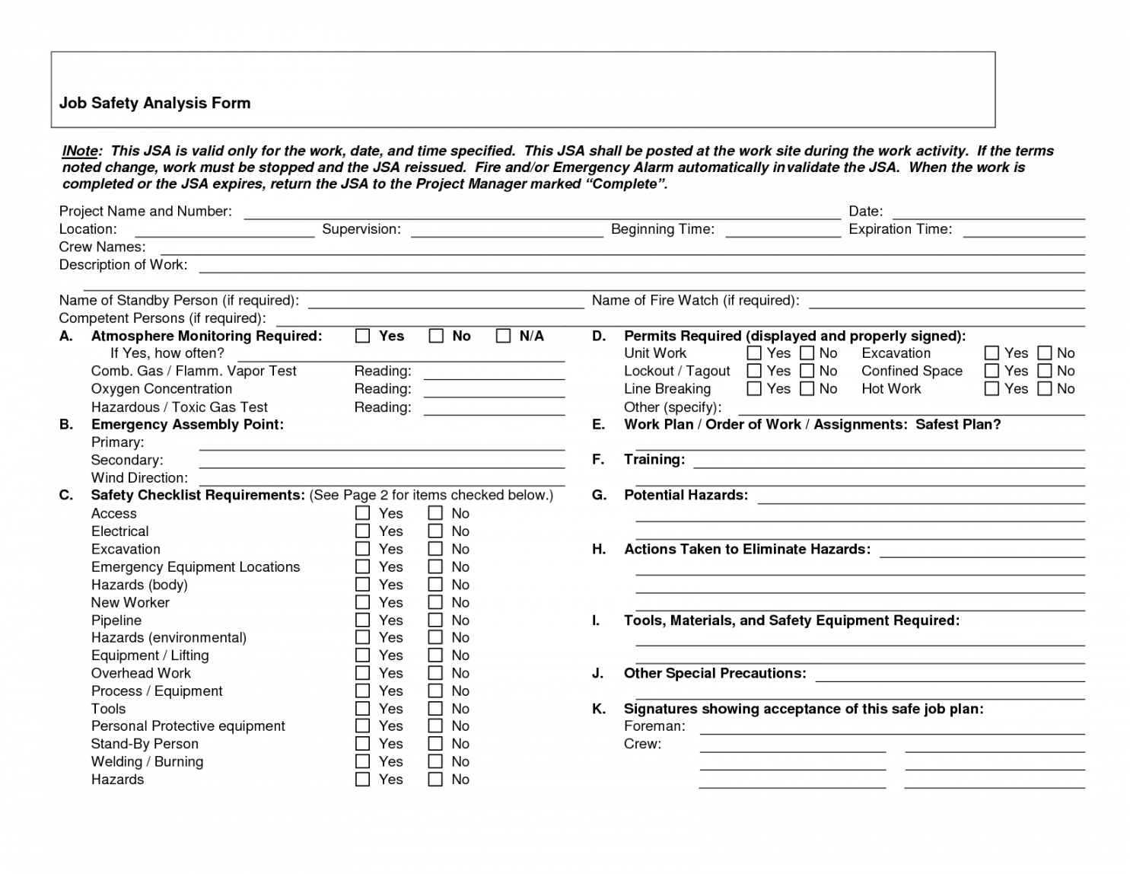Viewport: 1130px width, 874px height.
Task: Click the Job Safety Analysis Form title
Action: pos(154,104)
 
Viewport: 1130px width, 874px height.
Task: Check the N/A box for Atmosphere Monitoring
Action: pos(503,336)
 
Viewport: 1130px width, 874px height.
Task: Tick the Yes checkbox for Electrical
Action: pos(363,531)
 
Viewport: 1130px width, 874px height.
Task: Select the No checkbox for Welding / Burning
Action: pos(435,761)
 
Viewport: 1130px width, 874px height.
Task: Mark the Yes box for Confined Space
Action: pos(992,371)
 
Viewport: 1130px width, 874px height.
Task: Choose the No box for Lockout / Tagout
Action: pos(807,371)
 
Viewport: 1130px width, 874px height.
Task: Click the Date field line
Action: pos(988,217)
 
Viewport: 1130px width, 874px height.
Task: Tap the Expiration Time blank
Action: pos(1023,235)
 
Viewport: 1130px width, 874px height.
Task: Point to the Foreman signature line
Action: pos(892,732)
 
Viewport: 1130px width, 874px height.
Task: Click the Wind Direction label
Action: pos(139,478)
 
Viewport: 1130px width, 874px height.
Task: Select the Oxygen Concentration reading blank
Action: pos(494,395)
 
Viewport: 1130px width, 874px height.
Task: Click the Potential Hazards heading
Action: pos(686,496)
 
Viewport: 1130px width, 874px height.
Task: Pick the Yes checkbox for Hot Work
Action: pos(992,388)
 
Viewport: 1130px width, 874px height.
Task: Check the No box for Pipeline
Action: pos(435,620)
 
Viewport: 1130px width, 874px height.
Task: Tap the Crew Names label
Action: pos(102,247)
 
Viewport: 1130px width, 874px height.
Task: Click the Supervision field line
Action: pos(507,235)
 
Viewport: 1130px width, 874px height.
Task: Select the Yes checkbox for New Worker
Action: pos(363,602)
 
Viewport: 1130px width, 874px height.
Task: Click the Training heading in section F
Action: pos(654,460)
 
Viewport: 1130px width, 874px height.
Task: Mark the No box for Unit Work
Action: pos(807,352)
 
